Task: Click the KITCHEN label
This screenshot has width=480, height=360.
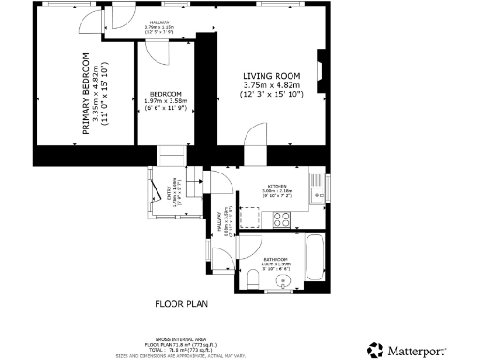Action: point(277,186)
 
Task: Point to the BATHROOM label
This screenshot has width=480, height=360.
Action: point(275,258)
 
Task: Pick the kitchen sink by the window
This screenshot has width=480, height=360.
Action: point(317,184)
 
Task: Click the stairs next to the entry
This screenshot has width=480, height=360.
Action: point(195,187)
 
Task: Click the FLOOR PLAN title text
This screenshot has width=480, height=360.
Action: point(180,304)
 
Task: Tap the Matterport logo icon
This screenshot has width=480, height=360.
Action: point(375,349)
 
